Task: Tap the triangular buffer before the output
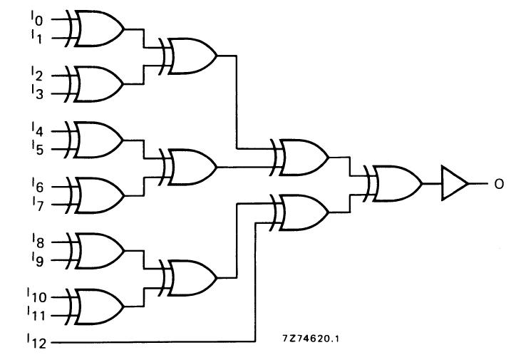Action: click(x=453, y=183)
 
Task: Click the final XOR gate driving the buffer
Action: click(x=394, y=183)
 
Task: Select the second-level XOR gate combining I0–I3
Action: click(x=190, y=56)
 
